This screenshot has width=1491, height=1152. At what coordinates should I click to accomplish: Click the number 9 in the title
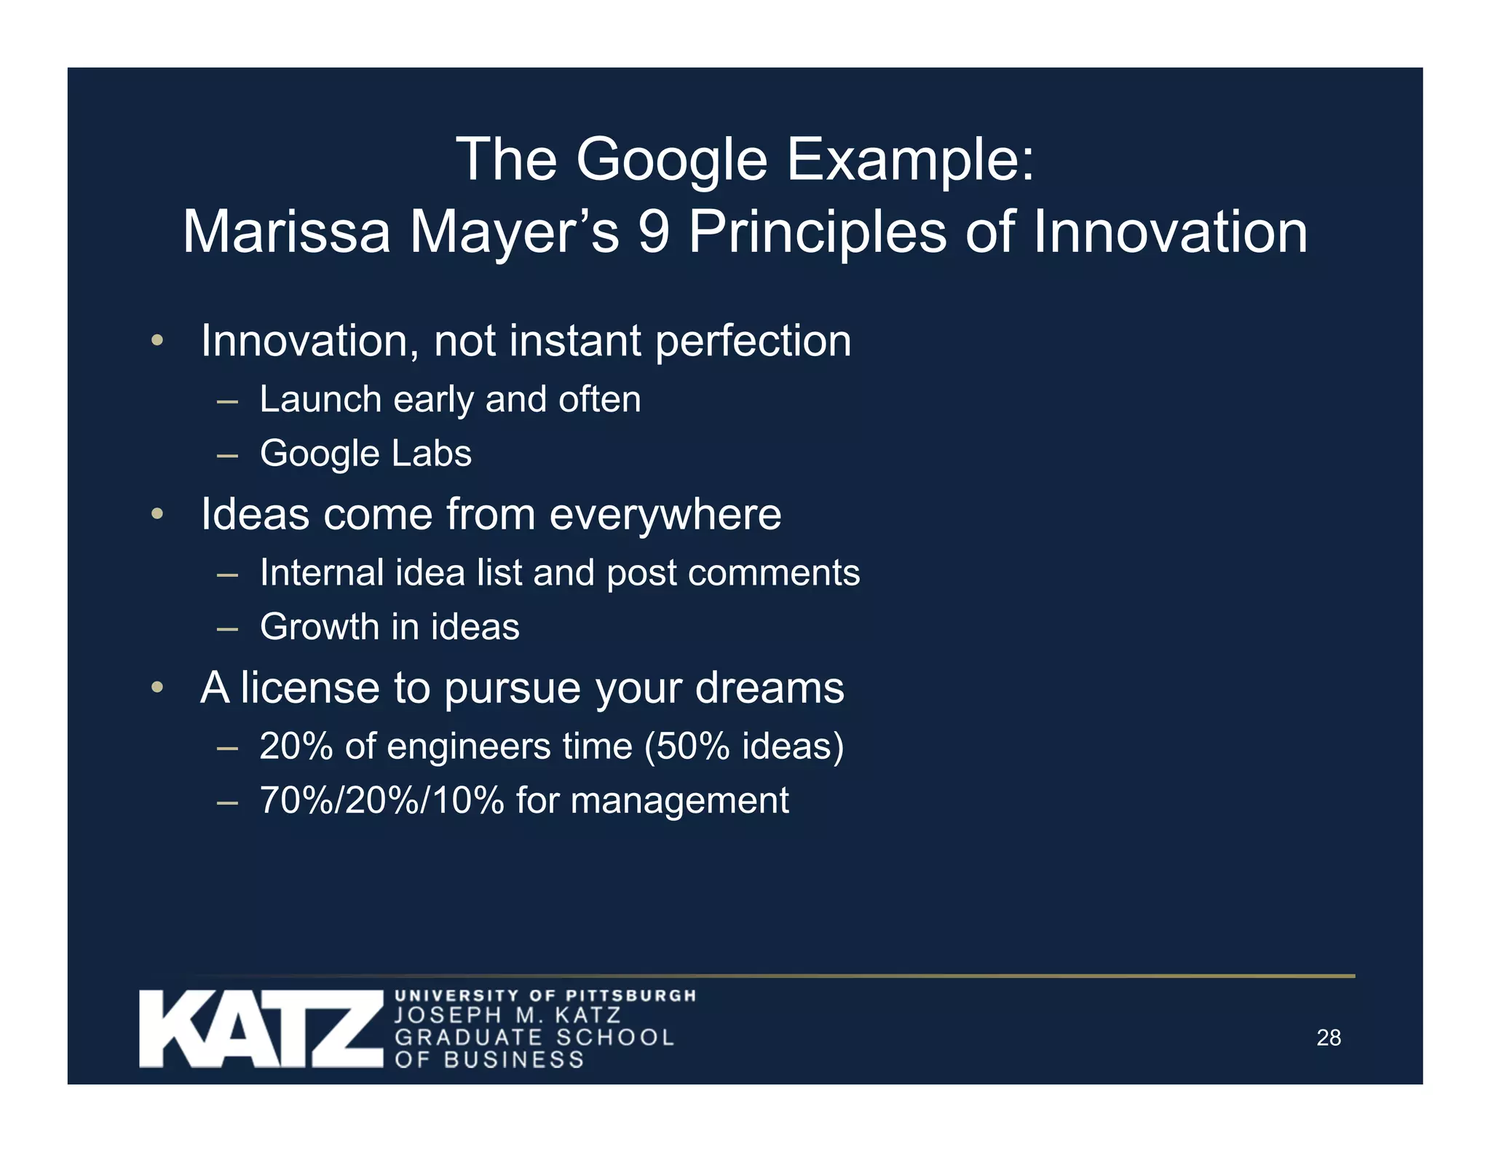pos(653,232)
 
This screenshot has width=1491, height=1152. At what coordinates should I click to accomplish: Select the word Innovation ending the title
pos(1170,232)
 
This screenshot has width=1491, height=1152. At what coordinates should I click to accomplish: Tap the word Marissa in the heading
pos(286,232)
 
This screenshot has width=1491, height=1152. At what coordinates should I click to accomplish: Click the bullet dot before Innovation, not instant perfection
pos(157,341)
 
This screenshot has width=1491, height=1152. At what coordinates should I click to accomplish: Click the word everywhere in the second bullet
pos(665,515)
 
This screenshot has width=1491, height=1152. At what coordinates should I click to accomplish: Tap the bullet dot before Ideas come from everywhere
pos(157,515)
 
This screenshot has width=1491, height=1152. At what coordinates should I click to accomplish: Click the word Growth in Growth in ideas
pos(317,627)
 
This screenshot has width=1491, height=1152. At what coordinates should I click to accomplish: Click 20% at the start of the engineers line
pos(296,746)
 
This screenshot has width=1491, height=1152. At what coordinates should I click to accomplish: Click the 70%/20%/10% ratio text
pos(381,800)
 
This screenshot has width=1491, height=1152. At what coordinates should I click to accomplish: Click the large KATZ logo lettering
pos(261,1029)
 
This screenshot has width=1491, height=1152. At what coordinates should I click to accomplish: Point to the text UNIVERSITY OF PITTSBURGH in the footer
pos(545,995)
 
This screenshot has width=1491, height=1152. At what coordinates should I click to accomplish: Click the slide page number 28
pos(1328,1038)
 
